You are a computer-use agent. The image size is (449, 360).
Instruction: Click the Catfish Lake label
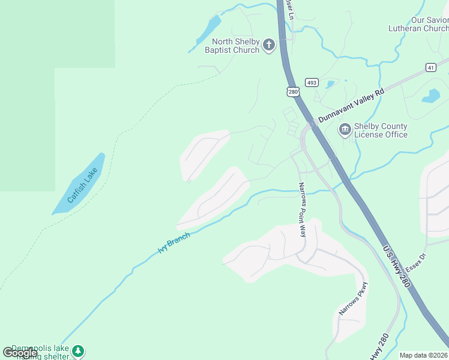[x=82, y=185]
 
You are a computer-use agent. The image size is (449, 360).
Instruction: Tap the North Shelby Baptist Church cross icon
[x=268, y=45]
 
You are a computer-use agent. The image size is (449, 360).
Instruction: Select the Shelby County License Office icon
[x=345, y=130]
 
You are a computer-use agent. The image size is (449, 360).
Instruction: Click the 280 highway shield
[x=292, y=91]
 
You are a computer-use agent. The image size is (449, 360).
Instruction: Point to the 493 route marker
[x=311, y=82]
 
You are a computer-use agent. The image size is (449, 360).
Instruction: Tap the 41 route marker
[x=431, y=67]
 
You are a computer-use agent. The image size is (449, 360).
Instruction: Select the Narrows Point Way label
[x=303, y=209]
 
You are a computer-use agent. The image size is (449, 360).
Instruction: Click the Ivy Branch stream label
[x=174, y=243]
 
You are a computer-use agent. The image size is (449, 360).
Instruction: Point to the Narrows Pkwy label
[x=352, y=298]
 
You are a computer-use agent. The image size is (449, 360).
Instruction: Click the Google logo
[x=20, y=353]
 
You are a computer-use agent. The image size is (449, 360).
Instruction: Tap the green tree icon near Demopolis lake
[x=78, y=351]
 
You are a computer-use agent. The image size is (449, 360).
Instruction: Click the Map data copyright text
[x=424, y=355]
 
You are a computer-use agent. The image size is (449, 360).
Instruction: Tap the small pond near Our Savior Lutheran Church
[x=431, y=96]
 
